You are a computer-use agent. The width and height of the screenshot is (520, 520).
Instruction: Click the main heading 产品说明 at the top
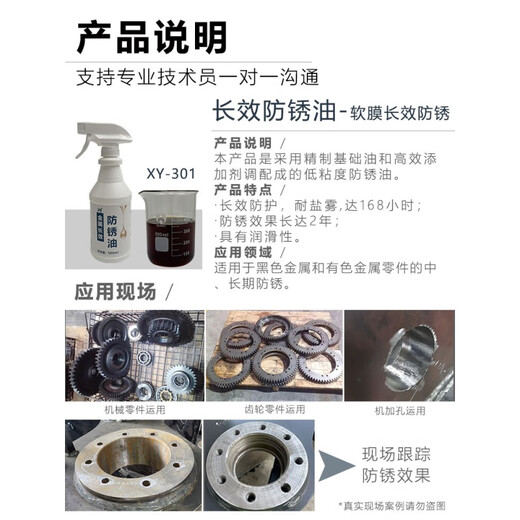coord(151,36)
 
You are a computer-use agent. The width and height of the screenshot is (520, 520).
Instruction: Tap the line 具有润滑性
coord(258,236)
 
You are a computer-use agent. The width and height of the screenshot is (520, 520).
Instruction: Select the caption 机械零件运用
coord(131,409)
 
